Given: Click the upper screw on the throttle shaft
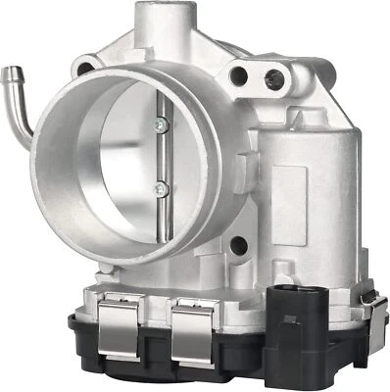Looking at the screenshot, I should [x=157, y=123].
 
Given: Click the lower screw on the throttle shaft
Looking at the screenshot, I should [x=160, y=189].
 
